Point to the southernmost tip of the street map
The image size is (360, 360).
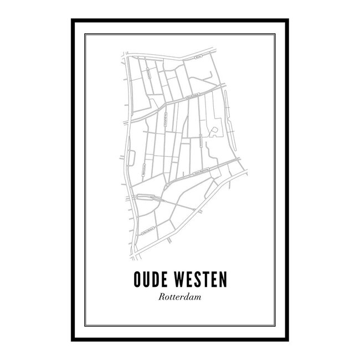tap(133, 259)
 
